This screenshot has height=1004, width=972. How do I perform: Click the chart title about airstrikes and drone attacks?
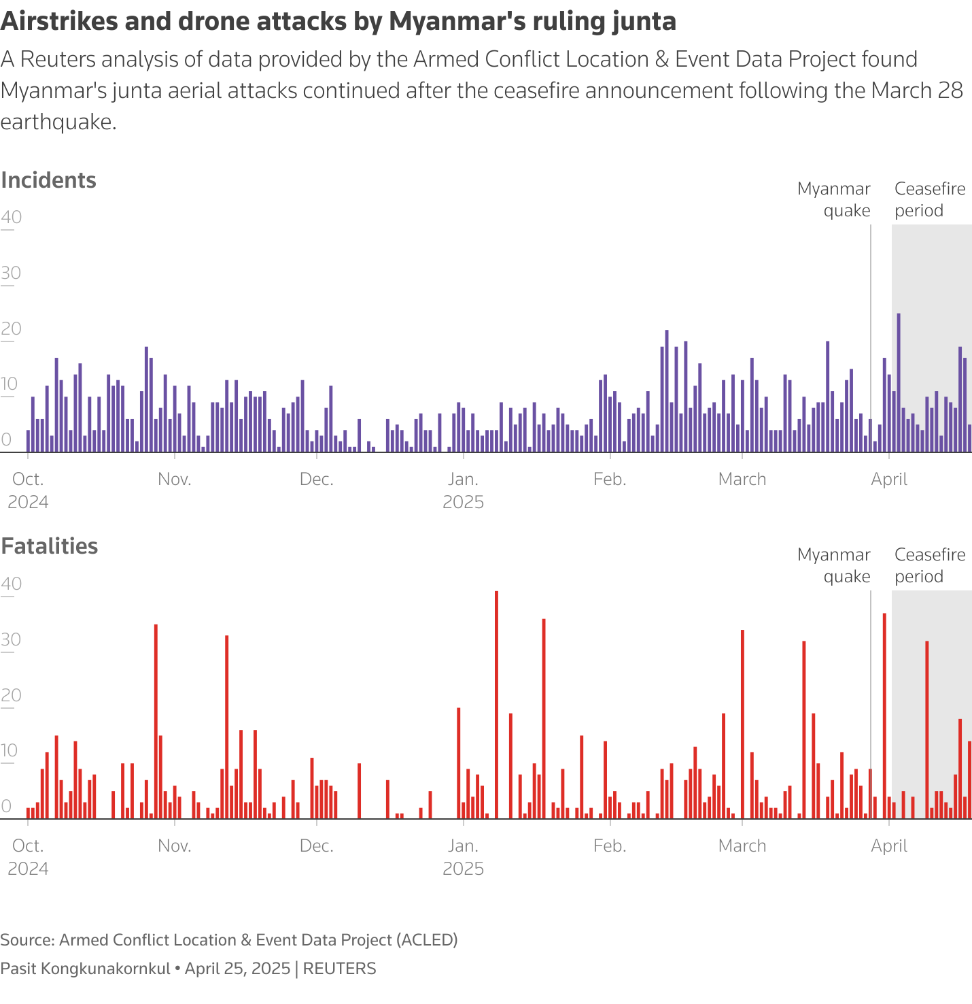338,22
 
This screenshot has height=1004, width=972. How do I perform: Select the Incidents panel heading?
48,180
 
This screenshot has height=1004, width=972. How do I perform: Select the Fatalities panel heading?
49,546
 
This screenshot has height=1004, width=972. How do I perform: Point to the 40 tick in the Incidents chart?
12,218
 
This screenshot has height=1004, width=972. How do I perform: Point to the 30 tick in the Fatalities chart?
12,640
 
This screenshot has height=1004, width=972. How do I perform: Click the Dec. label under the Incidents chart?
317,480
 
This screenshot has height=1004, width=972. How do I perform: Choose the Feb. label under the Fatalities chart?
610,846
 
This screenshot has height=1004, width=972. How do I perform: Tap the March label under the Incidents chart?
742,480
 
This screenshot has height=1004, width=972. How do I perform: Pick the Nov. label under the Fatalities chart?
175,846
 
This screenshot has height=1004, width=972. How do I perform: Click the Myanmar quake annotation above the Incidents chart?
834,200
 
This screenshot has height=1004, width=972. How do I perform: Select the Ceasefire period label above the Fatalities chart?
929,565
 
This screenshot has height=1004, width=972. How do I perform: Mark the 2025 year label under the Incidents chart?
463,503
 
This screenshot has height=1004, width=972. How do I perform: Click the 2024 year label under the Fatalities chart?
28,869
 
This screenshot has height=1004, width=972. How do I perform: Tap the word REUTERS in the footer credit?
339,969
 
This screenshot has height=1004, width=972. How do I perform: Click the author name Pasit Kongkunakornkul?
85,969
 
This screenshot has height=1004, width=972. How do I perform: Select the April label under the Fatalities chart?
889,846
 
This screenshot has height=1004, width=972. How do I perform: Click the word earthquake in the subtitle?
58,122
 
